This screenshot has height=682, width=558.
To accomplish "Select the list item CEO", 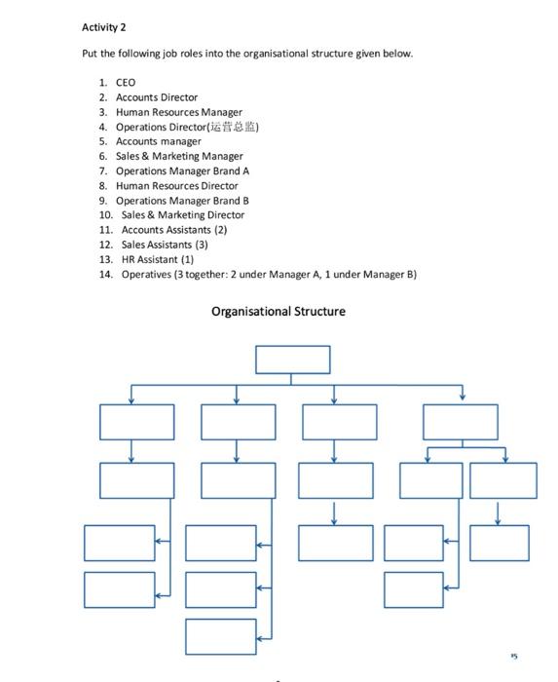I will coord(126,83).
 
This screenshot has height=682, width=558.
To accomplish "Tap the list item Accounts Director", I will coord(156,97).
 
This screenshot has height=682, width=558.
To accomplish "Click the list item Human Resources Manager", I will coord(179,112).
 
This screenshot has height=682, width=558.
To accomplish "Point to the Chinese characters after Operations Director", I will coord(235,127).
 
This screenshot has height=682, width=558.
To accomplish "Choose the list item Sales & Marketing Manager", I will coord(179,156).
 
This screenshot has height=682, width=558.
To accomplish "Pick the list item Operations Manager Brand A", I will coord(183,170).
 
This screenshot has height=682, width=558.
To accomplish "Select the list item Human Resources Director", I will coord(176,185).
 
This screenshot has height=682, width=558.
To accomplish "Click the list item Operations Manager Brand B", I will coord(183,200).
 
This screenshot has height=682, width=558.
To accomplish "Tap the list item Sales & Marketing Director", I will coord(183,214).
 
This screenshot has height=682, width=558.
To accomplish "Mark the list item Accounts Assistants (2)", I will coord(174,229).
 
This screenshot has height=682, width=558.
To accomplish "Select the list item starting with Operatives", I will coord(269,275).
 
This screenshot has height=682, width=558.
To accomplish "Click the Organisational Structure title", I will coord(278,312).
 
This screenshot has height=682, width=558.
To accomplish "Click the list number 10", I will coord(106,214).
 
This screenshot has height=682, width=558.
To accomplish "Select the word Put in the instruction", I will coord(90,54).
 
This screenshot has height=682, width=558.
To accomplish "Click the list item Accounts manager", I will coord(158,141).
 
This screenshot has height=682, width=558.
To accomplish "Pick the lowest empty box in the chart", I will coord(221,638).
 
